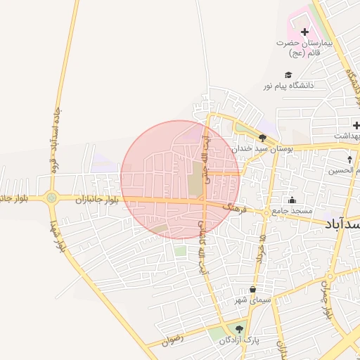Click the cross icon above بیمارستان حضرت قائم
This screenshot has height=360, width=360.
(304, 32)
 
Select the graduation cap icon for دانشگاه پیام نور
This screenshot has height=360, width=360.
(288, 75)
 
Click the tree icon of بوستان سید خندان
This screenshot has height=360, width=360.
(262, 139)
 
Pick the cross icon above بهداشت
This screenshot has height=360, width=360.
(356, 125)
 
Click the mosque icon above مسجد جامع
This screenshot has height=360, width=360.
(292, 200)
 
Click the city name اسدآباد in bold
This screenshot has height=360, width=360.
(343, 223)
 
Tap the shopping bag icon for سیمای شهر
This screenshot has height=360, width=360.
(252, 290)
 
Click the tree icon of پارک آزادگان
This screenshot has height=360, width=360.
(240, 329)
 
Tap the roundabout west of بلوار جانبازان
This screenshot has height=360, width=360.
(51, 198)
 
